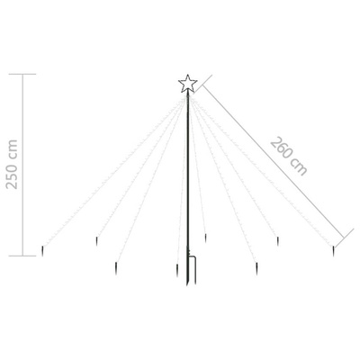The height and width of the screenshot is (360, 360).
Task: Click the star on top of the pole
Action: (x=187, y=84)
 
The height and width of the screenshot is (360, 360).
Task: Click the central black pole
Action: (x=188, y=180)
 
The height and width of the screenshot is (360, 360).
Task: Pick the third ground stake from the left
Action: (x=116, y=265)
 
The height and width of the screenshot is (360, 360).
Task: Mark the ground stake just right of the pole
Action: (x=206, y=238)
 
